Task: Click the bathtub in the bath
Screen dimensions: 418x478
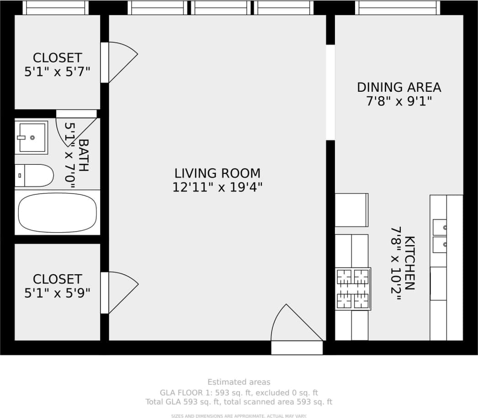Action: [58, 213]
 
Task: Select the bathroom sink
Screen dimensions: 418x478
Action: [32, 137]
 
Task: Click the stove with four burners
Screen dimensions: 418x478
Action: [353, 289]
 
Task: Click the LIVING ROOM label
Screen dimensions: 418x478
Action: [218, 173]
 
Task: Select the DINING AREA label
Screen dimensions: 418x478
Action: [399, 87]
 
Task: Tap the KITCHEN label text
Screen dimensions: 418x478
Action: [410, 263]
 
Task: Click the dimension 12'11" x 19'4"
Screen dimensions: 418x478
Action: [218, 188]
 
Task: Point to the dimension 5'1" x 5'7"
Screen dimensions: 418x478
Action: [57, 72]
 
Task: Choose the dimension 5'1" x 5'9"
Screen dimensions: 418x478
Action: [57, 293]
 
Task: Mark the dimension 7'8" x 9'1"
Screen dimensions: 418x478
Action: [399, 101]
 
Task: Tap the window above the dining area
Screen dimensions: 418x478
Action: [397, 8]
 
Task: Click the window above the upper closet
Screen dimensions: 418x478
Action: [55, 8]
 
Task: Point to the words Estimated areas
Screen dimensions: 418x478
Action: [239, 382]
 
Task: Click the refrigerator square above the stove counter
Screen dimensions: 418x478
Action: [351, 210]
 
